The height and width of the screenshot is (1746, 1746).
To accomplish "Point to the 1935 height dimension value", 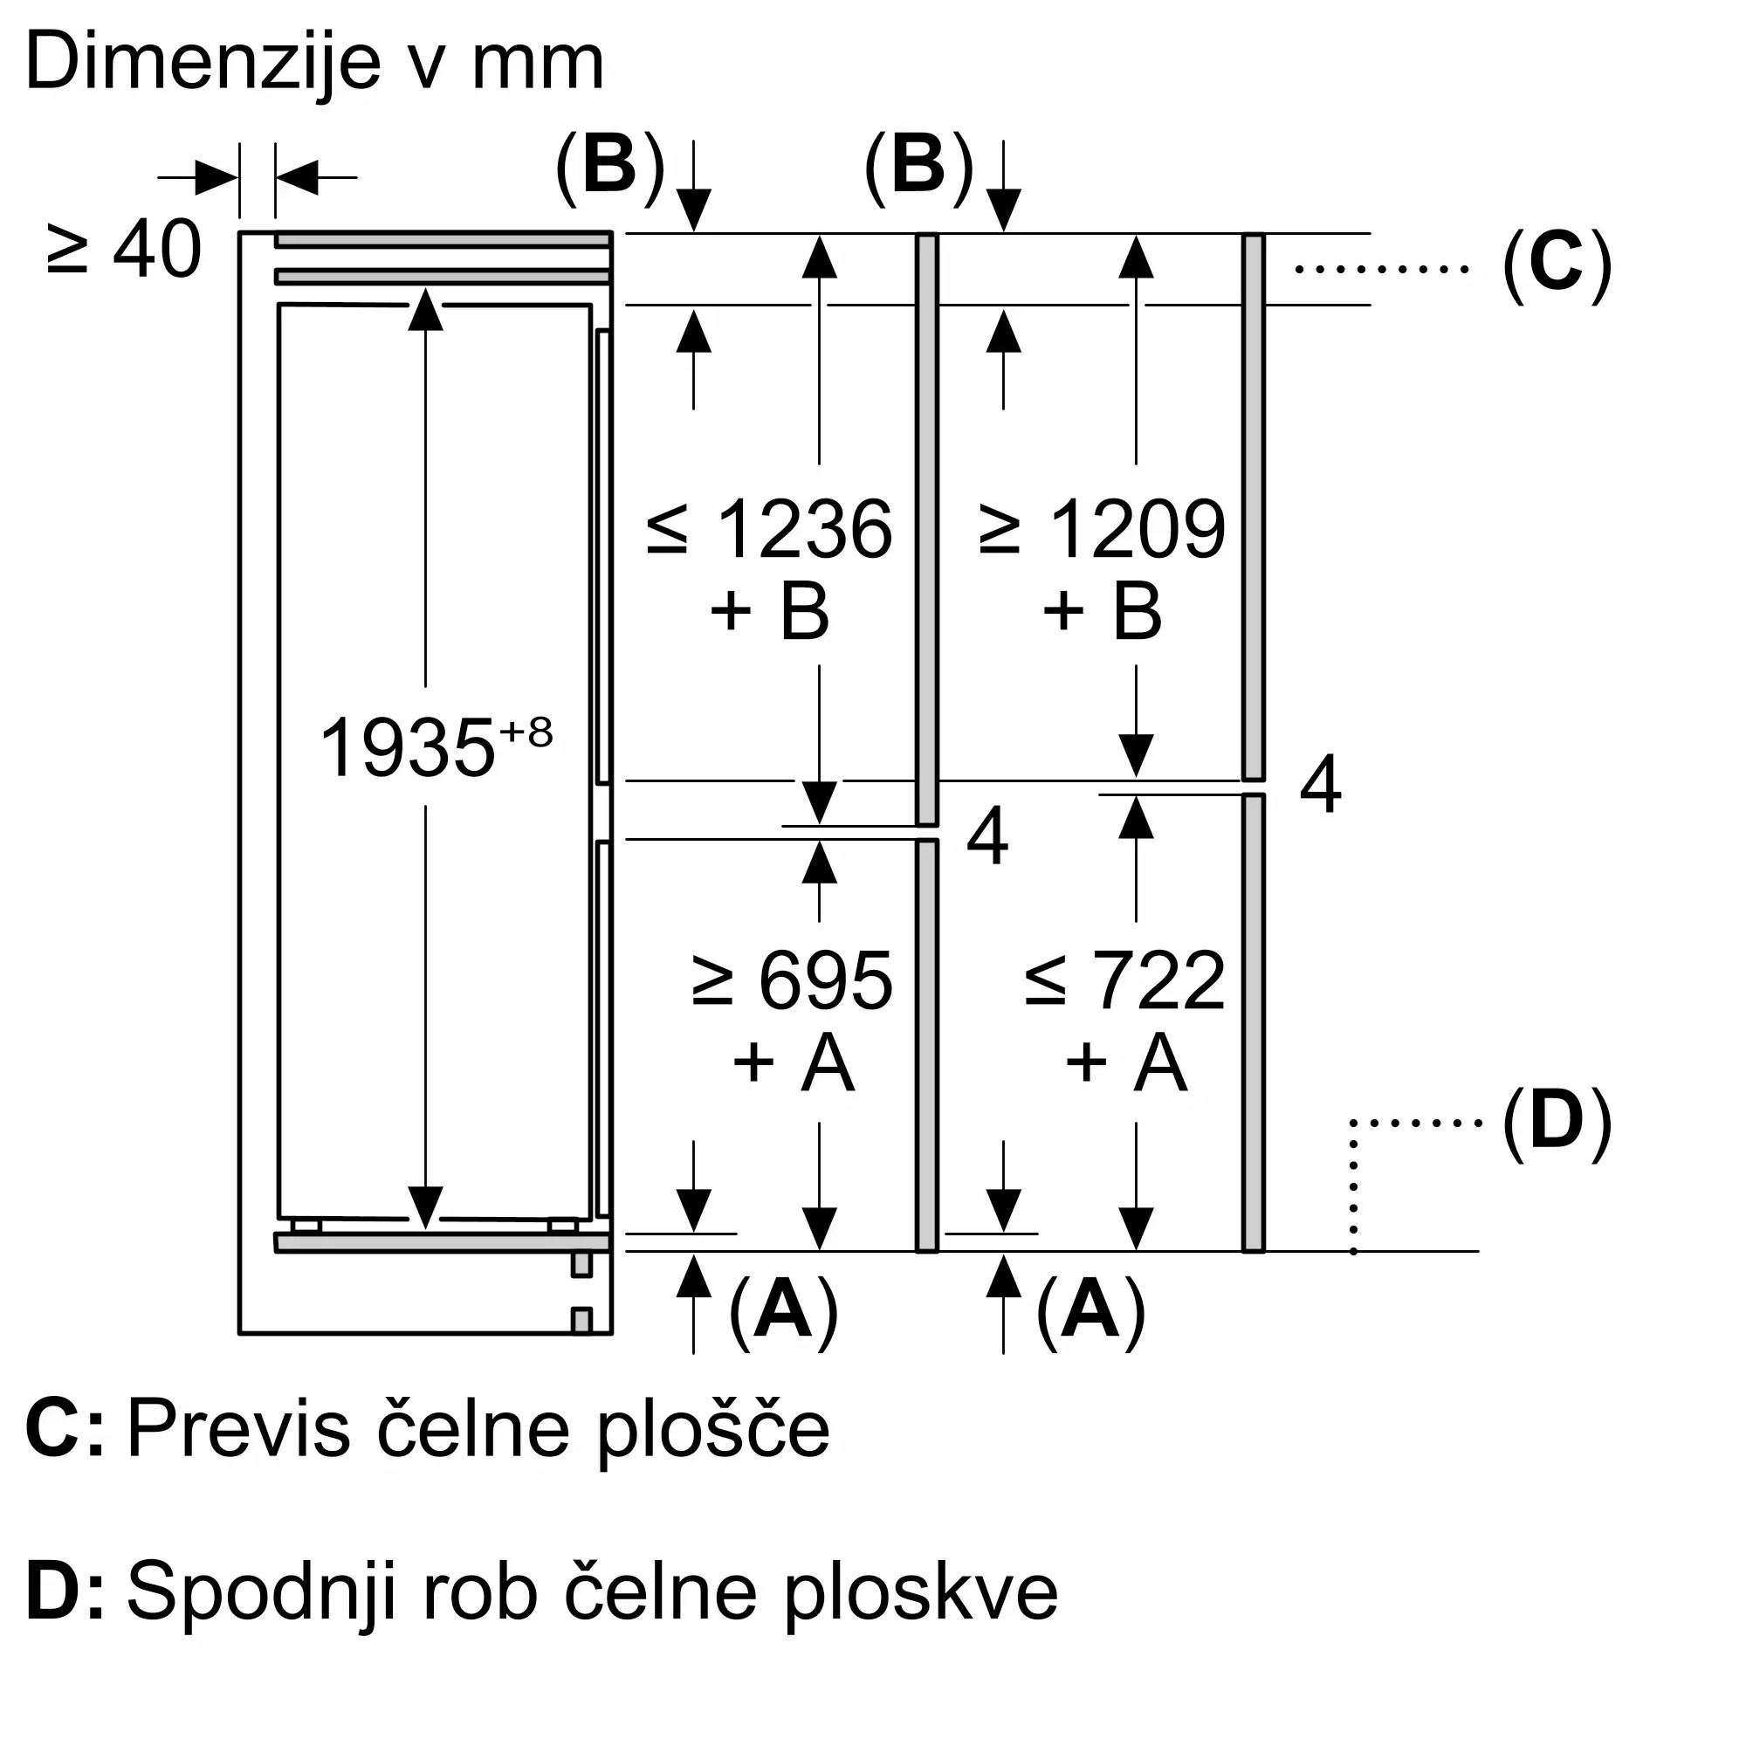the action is click(408, 747).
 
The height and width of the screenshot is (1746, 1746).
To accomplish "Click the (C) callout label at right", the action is click(1557, 259).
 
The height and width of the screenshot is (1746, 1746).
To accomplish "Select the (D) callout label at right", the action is click(1557, 1121).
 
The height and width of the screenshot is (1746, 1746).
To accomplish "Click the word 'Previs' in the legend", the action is click(238, 1429).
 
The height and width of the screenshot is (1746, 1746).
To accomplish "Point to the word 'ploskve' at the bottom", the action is click(921, 1592).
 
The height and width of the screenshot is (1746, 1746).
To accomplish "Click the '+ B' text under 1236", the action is click(770, 611).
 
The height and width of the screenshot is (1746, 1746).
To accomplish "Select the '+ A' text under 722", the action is click(1125, 1062).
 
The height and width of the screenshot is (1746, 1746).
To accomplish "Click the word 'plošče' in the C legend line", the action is click(713, 1429).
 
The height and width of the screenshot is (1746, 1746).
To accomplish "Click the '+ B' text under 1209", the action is click(1103, 611).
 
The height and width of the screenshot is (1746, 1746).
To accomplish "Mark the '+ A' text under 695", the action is click(793, 1062).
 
